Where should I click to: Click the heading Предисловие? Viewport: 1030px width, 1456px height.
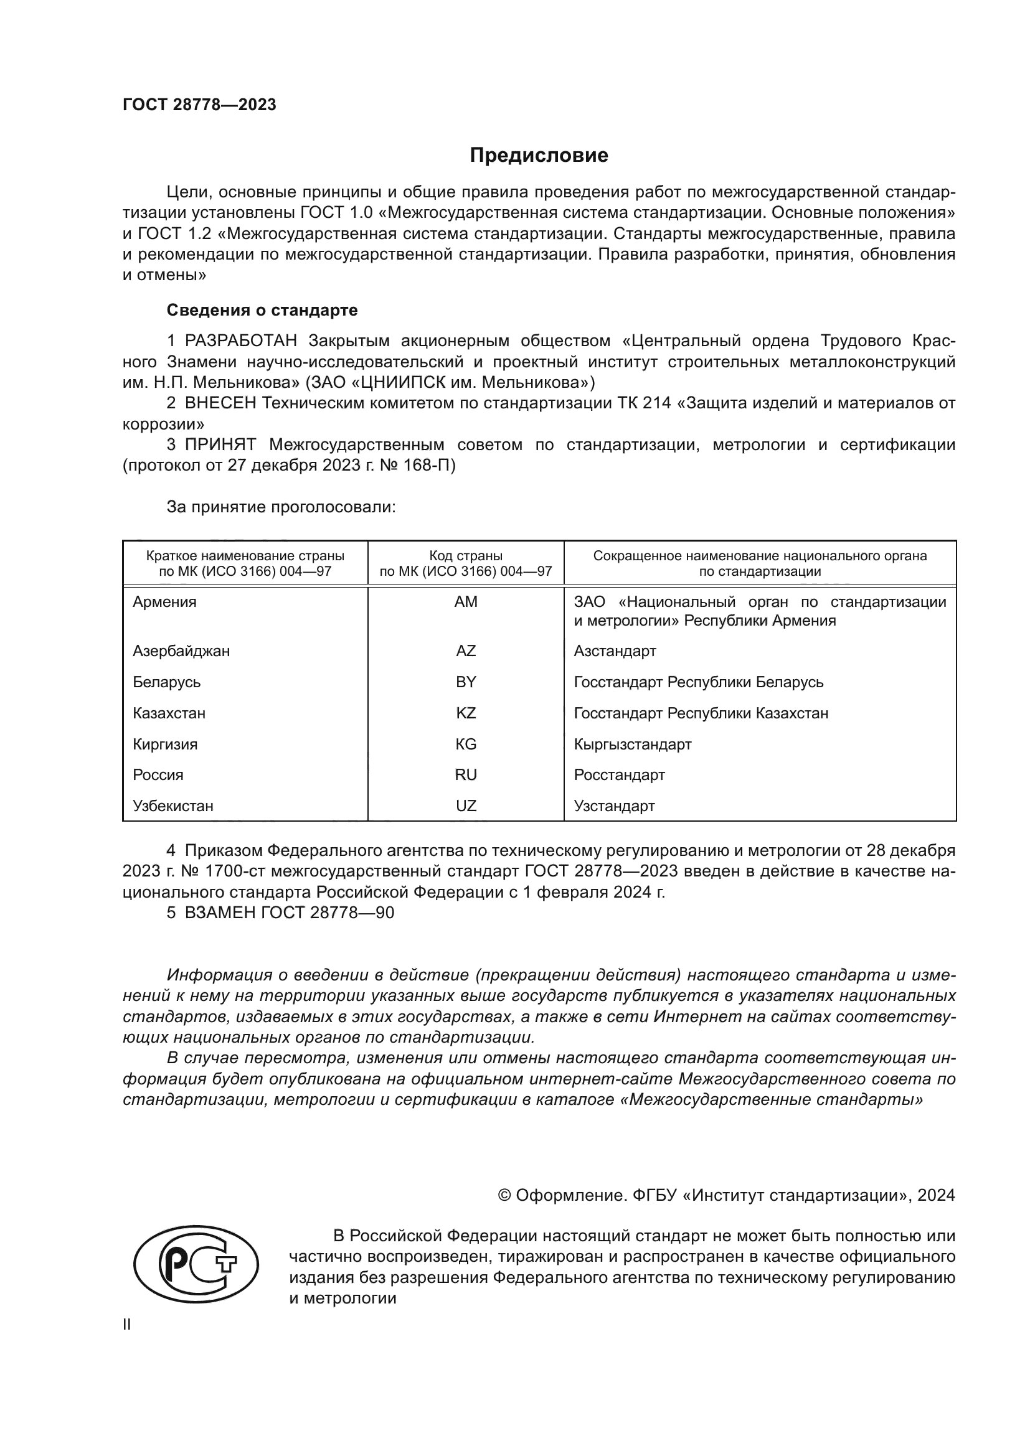pyautogui.click(x=539, y=156)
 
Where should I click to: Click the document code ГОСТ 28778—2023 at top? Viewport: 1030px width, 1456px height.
pyautogui.click(x=199, y=105)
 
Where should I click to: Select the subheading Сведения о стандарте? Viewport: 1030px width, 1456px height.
pyautogui.click(x=262, y=310)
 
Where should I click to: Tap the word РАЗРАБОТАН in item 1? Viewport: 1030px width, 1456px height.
pyautogui.click(x=240, y=341)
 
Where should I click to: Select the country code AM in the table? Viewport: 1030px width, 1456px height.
pyautogui.click(x=466, y=602)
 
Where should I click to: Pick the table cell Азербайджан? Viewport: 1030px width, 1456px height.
pyautogui.click(x=181, y=651)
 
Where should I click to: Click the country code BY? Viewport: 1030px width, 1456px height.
pyautogui.click(x=466, y=682)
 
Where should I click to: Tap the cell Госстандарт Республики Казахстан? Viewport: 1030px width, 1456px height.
pyautogui.click(x=701, y=713)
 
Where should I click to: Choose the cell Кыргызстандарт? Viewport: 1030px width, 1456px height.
pyautogui.click(x=632, y=744)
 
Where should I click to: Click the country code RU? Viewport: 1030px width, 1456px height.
pyautogui.click(x=466, y=775)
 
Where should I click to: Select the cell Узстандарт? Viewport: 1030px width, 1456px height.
pyautogui.click(x=614, y=806)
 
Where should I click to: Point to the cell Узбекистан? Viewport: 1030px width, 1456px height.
pyautogui.click(x=173, y=806)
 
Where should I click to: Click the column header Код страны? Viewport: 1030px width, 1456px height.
pyautogui.click(x=466, y=556)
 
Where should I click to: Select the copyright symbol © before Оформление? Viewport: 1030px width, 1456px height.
pyautogui.click(x=504, y=1195)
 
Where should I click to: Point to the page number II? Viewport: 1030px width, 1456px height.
pyautogui.click(x=127, y=1324)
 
